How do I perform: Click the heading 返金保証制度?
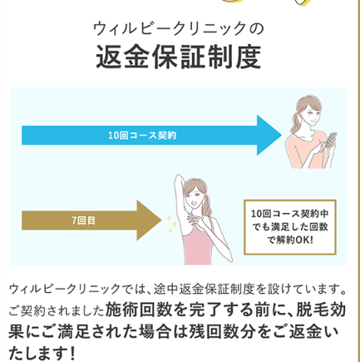pyautogui.click(x=179, y=57)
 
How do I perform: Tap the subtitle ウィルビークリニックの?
pyautogui.click(x=178, y=28)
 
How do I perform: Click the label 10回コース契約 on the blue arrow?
pyautogui.click(x=142, y=136)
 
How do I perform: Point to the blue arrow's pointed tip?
pyautogui.click(x=282, y=136)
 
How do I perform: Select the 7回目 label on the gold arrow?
pyautogui.click(x=83, y=221)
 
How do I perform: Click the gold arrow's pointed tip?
pyautogui.click(x=161, y=221)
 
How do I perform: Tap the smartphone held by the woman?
pyautogui.click(x=331, y=139)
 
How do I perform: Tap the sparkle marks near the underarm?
pyautogui.click(x=172, y=224)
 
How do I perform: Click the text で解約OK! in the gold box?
pyautogui.click(x=290, y=240)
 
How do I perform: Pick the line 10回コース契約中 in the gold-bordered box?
pyautogui.click(x=290, y=214)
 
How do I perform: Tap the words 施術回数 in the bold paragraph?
pyautogui.click(x=139, y=310)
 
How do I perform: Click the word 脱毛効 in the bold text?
pyautogui.click(x=322, y=310)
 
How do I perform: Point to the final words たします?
pyautogui.click(x=42, y=354)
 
